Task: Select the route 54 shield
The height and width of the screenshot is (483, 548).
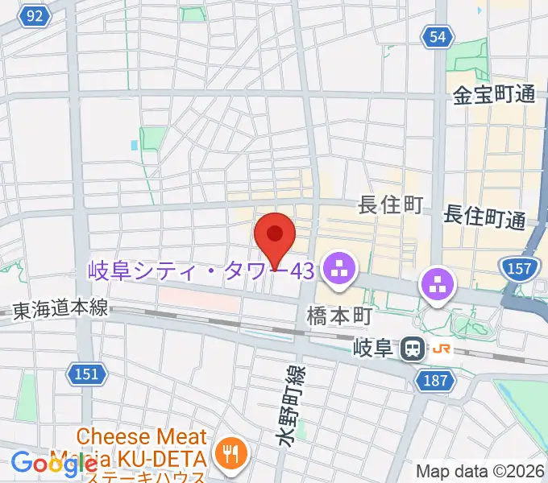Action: pyautogui.click(x=436, y=35)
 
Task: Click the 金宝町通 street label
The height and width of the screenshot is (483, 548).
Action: pyautogui.click(x=494, y=94)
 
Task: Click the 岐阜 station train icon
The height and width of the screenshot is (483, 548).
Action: pyautogui.click(x=413, y=348)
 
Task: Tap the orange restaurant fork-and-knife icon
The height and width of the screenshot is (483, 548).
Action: pyautogui.click(x=231, y=453)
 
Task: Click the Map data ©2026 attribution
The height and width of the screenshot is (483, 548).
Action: pyautogui.click(x=479, y=471)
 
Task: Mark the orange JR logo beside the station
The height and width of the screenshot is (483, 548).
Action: pyautogui.click(x=441, y=349)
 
